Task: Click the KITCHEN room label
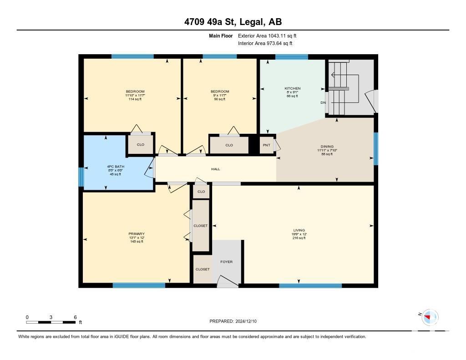(x=293, y=88)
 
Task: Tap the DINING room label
(x=327, y=146)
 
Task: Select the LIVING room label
(x=299, y=230)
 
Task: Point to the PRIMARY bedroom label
(x=137, y=233)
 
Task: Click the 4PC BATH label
(x=116, y=167)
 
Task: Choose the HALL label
(x=215, y=169)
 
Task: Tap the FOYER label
(x=227, y=262)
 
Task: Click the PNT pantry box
(x=267, y=145)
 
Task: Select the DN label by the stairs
(x=323, y=102)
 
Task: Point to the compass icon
(x=430, y=317)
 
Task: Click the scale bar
(x=51, y=322)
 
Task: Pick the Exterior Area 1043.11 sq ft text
(x=267, y=35)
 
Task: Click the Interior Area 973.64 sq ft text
(x=265, y=43)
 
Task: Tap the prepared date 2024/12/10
(x=246, y=321)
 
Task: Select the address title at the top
(x=233, y=22)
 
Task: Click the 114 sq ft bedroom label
(x=135, y=95)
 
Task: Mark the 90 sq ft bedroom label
(x=220, y=95)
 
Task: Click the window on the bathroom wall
(x=81, y=177)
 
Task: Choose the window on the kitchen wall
(x=292, y=57)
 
